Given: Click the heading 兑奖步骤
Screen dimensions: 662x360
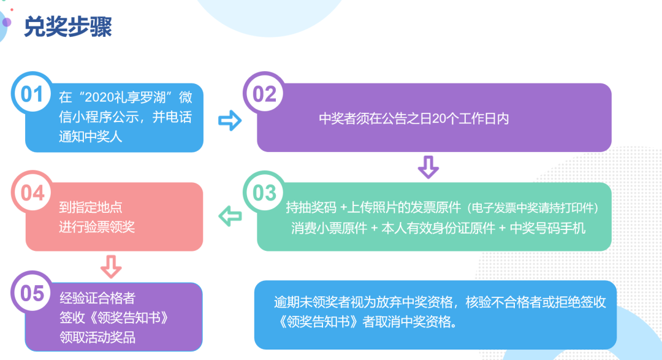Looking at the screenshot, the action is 68,26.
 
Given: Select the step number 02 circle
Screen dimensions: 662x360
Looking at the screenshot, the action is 264,93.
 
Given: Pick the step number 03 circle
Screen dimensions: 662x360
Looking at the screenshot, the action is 264,192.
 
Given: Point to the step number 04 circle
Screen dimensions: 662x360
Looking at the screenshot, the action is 32,192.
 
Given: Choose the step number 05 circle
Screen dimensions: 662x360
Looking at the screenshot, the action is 32,292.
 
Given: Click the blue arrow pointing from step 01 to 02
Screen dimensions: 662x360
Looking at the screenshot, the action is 230,120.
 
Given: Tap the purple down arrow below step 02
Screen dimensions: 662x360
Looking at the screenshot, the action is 428,167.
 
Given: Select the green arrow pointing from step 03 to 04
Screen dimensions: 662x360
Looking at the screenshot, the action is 230,216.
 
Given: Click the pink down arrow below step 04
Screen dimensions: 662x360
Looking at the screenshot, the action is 111,267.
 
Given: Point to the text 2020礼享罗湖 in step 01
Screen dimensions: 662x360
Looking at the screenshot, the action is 125,98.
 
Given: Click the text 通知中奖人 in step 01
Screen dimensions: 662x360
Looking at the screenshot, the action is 90,137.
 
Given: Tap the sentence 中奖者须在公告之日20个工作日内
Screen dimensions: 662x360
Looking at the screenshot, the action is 414,119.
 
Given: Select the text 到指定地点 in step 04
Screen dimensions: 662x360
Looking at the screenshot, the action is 90,207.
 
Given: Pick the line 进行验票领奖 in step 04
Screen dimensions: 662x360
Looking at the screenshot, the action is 97,227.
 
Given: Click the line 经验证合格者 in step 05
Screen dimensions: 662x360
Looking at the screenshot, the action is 97,298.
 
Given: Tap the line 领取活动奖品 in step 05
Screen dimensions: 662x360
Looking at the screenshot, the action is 97,337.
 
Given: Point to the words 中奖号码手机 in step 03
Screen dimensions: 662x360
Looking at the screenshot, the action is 547,228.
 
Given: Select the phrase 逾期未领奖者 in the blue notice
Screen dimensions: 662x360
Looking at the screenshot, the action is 311,302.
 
